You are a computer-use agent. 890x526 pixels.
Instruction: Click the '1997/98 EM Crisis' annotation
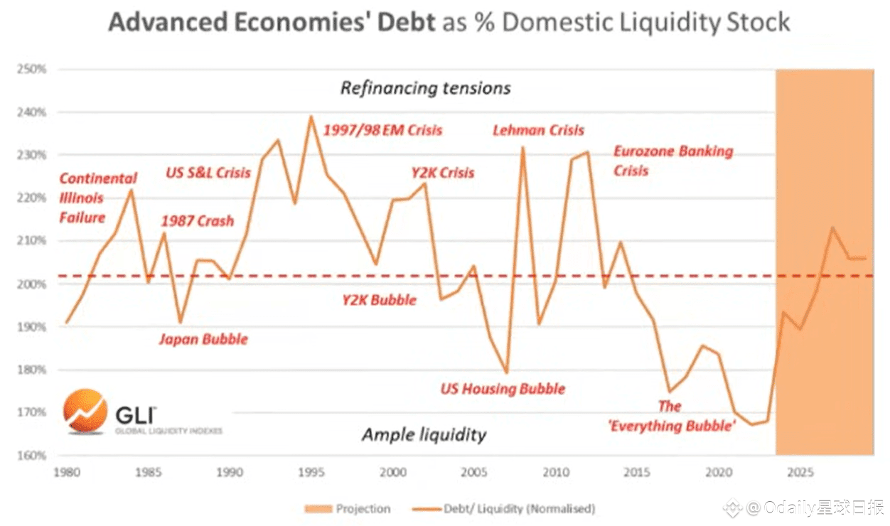click(x=382, y=131)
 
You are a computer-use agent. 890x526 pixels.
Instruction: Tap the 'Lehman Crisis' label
click(x=538, y=131)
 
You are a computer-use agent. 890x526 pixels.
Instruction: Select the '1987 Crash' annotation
click(x=197, y=221)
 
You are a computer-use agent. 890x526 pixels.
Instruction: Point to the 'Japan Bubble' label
click(x=203, y=339)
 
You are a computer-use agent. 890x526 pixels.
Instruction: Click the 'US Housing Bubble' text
click(x=503, y=389)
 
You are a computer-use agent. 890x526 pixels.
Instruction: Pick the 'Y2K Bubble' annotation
click(x=379, y=299)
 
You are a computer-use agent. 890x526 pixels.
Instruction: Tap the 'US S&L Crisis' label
click(x=208, y=173)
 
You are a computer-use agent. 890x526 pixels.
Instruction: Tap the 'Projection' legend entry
click(x=348, y=509)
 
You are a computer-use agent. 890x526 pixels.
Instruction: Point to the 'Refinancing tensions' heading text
click(x=425, y=88)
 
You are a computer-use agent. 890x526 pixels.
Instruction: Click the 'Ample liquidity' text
click(x=424, y=435)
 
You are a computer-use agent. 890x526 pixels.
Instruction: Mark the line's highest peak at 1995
click(x=311, y=116)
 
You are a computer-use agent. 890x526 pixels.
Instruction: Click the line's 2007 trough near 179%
click(x=507, y=372)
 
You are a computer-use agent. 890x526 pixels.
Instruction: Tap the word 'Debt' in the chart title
click(x=401, y=22)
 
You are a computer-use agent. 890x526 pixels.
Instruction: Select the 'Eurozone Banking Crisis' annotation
click(x=672, y=161)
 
